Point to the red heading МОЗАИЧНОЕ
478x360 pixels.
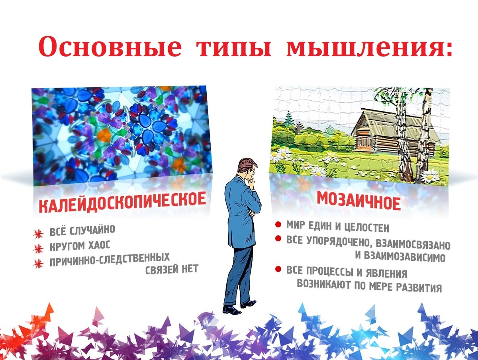(x=358, y=201)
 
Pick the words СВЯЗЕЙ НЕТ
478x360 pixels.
(x=172, y=269)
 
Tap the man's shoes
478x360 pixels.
(x=238, y=307)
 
